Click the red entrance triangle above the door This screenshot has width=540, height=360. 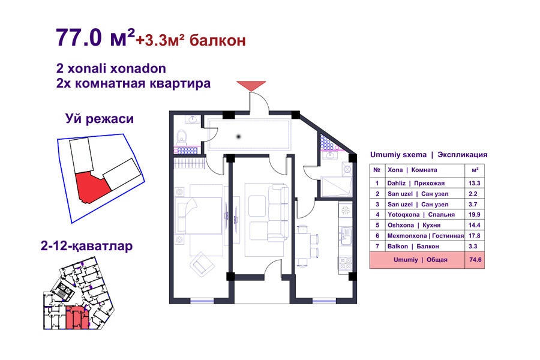251,85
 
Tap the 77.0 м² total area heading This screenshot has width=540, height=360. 95,37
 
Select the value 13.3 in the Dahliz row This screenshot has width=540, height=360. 474,183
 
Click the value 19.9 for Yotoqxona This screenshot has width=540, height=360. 474,215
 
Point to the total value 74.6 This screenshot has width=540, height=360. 475,260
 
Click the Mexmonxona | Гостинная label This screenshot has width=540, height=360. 425,236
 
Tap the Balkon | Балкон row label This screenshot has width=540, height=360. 413,247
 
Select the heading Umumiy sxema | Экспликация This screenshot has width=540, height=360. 429,155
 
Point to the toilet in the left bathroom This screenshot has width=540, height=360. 182,137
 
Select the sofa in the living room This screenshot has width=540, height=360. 278,212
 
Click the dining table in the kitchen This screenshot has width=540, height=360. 303,246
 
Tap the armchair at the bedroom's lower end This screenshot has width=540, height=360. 202,264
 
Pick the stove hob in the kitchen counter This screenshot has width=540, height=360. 346,263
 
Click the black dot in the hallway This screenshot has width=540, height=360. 238,137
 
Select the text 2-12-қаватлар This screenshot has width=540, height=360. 87,247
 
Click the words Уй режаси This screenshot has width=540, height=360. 100,119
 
